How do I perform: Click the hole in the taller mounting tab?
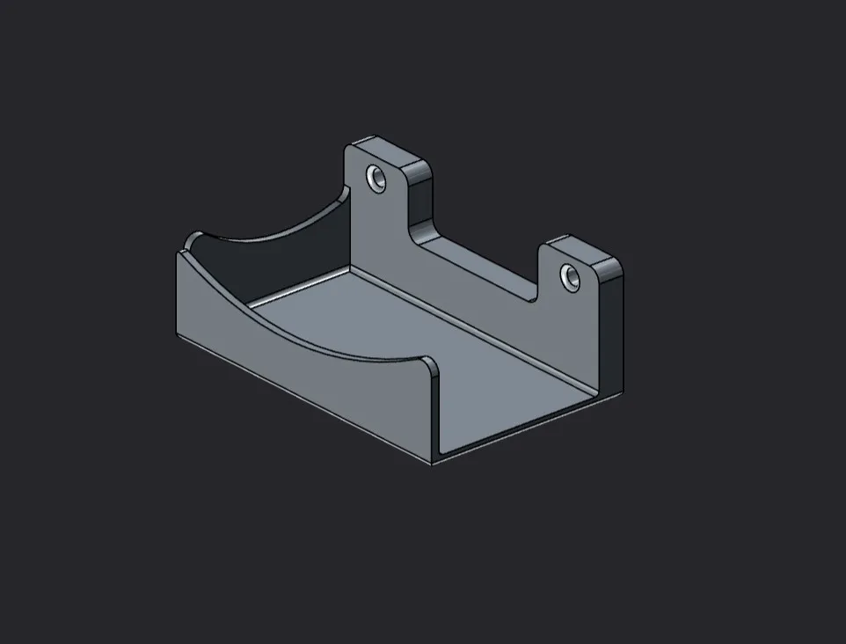(377, 179)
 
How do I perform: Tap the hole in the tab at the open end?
(571, 278)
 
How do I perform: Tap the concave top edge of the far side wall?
(264, 231)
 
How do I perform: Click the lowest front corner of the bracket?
(432, 463)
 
